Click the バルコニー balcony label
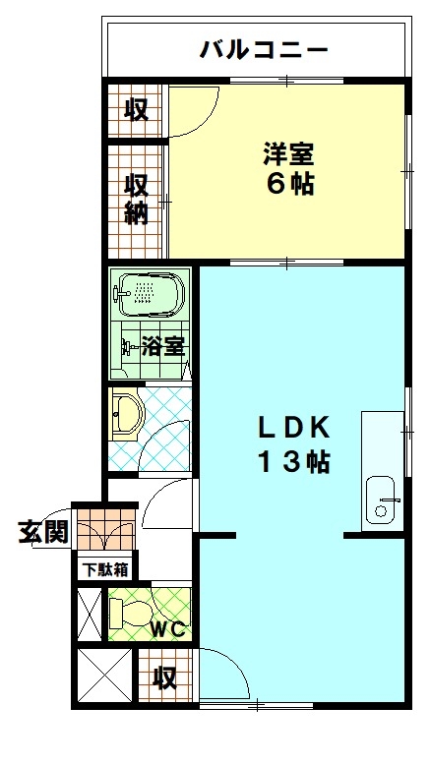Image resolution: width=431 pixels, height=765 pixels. coord(263,50)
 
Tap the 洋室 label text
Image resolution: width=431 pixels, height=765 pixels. coord(288,155)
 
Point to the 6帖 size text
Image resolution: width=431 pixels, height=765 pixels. coord(289,184)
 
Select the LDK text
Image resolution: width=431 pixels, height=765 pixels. coord(294,430)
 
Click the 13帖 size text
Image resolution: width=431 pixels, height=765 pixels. coord(294,461)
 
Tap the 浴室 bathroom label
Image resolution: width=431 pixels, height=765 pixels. coord(163,346)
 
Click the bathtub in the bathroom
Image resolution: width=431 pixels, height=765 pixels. coord(151,294)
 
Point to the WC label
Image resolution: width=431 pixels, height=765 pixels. coord(167,630)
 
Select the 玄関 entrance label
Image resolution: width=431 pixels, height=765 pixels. coord(43,532)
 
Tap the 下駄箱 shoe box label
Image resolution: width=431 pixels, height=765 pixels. coord(104,570)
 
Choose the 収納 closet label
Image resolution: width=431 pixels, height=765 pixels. coord(135,200)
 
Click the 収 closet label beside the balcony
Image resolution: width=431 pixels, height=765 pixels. coord(135,110)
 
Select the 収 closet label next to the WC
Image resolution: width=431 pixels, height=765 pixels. coord(165,677)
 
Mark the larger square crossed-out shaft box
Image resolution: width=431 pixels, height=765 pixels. coord(105,676)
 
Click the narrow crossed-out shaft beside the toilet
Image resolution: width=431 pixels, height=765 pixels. coord(90,615)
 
